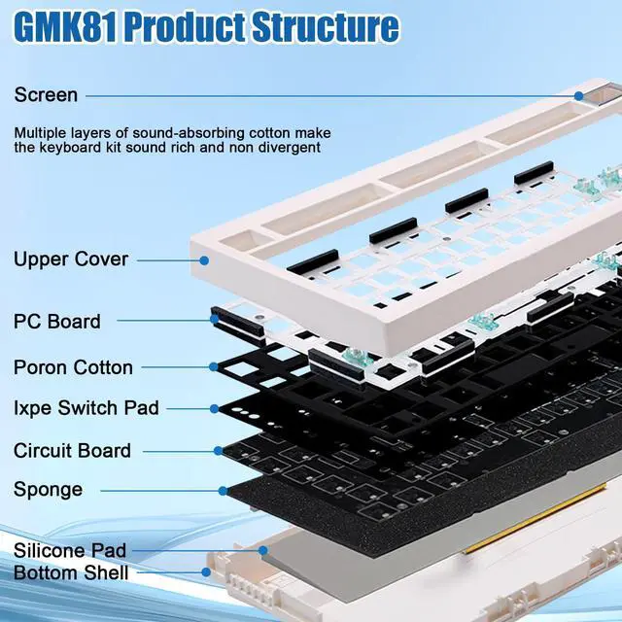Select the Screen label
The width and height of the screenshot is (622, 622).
[46, 95]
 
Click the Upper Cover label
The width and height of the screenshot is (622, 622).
[71, 259]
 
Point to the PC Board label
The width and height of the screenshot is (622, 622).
[57, 321]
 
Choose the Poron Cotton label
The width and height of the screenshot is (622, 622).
[73, 367]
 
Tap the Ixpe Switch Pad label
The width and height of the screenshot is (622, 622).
[86, 408]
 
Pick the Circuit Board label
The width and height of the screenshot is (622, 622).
[72, 451]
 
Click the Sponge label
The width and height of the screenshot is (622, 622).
[49, 490]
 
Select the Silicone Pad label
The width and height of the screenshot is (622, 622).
[70, 551]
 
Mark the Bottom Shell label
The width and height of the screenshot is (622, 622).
[71, 573]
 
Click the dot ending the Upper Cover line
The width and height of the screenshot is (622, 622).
[205, 259]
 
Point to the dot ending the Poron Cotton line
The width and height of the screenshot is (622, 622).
[213, 366]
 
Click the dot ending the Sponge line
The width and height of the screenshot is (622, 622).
[223, 490]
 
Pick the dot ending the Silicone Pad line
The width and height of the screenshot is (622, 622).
[263, 550]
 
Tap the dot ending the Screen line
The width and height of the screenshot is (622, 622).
[579, 95]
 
